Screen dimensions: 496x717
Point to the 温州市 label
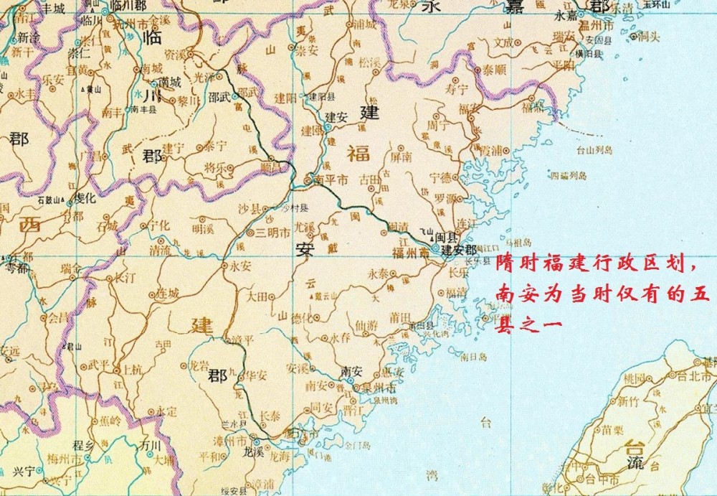[599, 26]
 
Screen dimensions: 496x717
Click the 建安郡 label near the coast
[459, 251]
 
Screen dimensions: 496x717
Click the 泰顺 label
[495, 70]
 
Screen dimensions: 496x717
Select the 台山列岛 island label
[594, 151]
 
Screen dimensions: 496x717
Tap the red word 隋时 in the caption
[515, 263]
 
